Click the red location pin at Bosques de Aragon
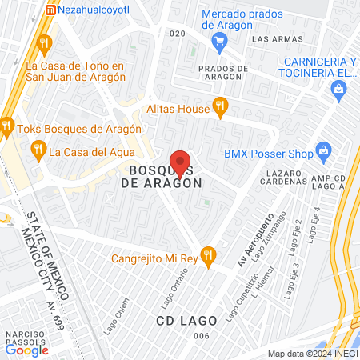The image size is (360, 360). click(180, 163)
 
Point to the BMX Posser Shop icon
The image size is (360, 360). click(323, 150)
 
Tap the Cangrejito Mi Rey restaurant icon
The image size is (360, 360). click(208, 255)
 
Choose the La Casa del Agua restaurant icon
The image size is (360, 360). click(37, 149)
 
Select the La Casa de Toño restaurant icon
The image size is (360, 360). click(45, 43)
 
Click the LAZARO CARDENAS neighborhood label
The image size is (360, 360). click(284, 178)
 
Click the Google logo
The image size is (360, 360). click(27, 350)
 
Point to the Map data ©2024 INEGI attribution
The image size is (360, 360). click(311, 354)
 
